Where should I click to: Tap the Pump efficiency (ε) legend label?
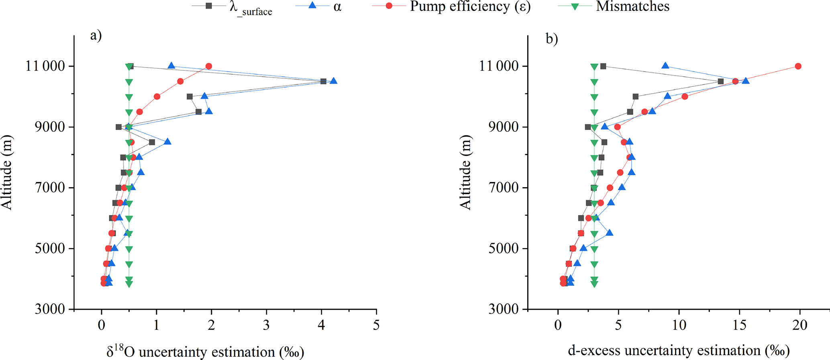pyautogui.click(x=470, y=7)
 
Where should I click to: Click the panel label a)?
pyautogui.click(x=96, y=36)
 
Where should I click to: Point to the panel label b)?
pyautogui.click(x=552, y=39)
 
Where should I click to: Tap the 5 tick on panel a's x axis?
pyautogui.click(x=376, y=325)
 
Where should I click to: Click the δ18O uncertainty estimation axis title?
pyautogui.click(x=205, y=352)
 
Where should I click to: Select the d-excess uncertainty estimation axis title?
pyautogui.click(x=679, y=351)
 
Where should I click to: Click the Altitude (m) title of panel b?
pyautogui.click(x=465, y=172)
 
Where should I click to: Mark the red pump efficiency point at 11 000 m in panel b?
pyautogui.click(x=798, y=66)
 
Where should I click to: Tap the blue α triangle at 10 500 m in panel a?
pyautogui.click(x=333, y=81)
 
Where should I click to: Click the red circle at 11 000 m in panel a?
pyautogui.click(x=208, y=66)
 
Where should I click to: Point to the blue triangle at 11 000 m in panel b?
pyautogui.click(x=665, y=66)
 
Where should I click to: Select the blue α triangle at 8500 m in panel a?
pyautogui.click(x=167, y=142)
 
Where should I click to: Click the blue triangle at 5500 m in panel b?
pyautogui.click(x=609, y=233)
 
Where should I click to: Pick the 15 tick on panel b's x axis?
pyautogui.click(x=740, y=325)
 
